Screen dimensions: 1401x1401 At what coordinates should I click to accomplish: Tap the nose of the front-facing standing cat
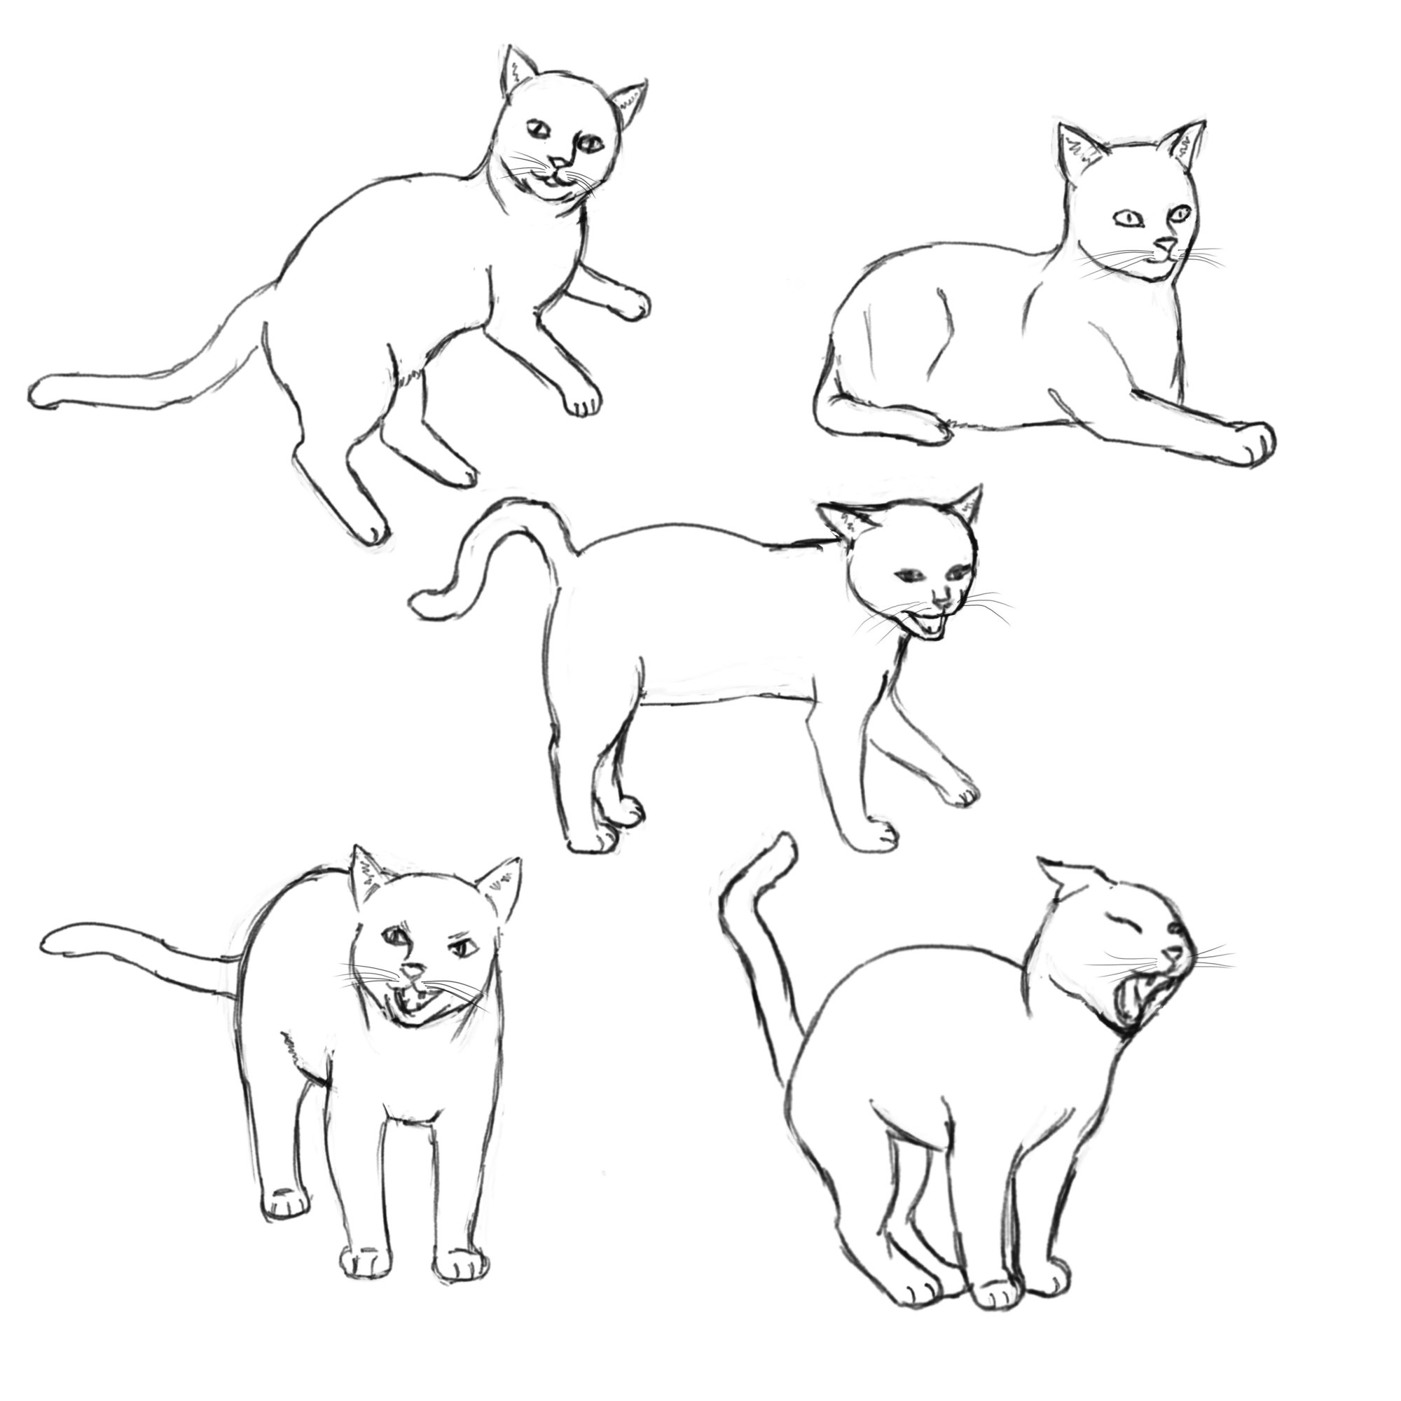click(414, 971)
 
